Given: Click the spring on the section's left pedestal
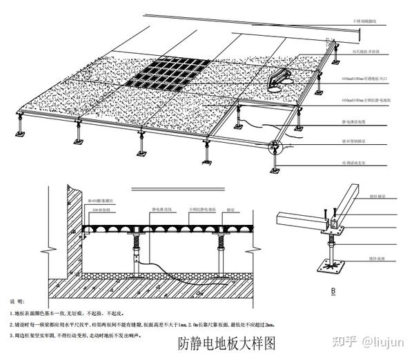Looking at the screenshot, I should (136, 242).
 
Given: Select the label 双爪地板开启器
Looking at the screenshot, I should (368, 50).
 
